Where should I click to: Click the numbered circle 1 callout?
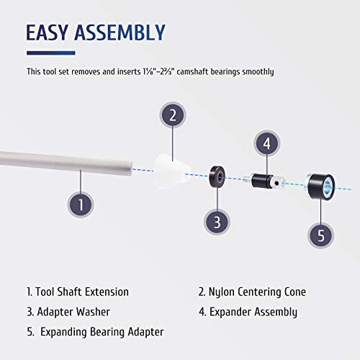coord(81,204)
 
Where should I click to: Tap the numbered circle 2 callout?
coord(173,115)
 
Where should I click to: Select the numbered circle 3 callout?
coord(217,222)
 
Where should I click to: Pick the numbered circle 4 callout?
coord(266,143)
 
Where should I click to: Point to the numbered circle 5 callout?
coord(321,235)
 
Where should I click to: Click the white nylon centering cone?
coord(171,171)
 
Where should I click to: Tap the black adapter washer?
coord(217,176)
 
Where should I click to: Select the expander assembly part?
coord(264,181)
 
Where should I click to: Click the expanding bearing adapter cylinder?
coord(320,186)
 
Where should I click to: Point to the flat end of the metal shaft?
coord(130,169)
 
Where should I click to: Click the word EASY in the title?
coord(47,32)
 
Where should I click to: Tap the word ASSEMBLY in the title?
coord(120,32)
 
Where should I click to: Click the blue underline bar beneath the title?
coord(51,53)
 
